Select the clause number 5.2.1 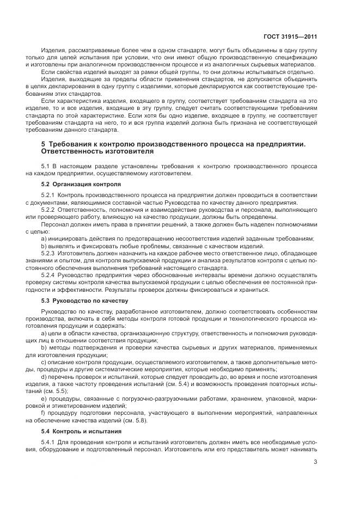(48, 209)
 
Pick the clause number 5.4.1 (48, 441)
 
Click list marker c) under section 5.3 (44, 362)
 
